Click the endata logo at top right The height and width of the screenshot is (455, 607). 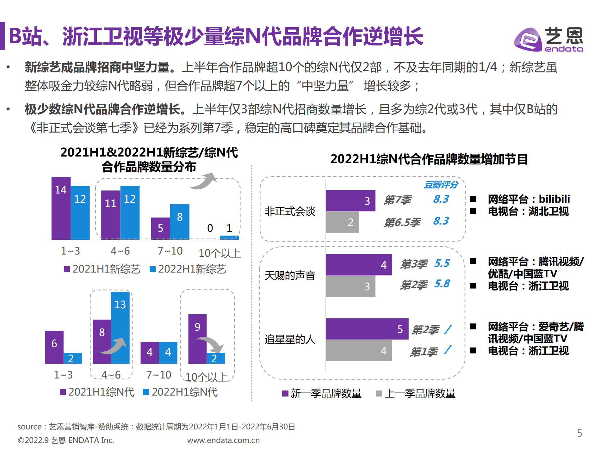[549, 40]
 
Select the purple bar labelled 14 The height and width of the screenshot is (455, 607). [61, 209]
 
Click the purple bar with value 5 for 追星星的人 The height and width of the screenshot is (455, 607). [367, 329]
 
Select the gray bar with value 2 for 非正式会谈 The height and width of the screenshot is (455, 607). [342, 222]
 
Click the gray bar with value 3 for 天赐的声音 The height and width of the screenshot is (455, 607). [350, 286]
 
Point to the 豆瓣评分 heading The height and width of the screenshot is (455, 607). [441, 185]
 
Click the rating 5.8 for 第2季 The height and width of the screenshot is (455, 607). [442, 284]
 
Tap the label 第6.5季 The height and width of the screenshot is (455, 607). [402, 223]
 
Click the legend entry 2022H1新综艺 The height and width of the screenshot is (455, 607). [188, 269]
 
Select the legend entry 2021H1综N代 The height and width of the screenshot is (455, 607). [97, 392]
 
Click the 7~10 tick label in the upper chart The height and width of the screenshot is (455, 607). [170, 251]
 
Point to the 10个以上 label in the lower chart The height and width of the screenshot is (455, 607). [206, 377]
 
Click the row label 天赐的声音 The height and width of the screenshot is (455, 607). [290, 275]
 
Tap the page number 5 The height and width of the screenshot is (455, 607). [579, 433]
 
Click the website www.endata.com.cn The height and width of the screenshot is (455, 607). [223, 440]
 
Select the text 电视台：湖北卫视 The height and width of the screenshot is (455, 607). [528, 211]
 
